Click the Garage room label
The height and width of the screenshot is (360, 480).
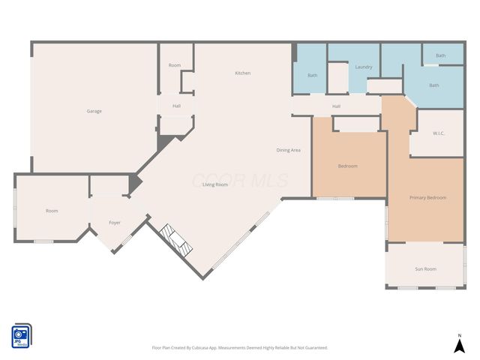point(94,111)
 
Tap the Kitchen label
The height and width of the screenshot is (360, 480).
point(242,73)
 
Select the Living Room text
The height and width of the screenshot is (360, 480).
point(214,184)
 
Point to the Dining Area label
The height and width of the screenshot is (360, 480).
point(288,150)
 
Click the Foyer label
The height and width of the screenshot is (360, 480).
point(115,223)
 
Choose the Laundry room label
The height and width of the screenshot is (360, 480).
point(364,67)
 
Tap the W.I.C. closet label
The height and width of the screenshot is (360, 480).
point(439,133)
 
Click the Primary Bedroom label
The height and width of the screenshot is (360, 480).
point(427,197)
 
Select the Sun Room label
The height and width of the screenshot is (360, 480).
point(425,268)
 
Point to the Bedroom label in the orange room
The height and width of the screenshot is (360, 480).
point(347,166)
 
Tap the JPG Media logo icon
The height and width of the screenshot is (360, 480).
point(21,336)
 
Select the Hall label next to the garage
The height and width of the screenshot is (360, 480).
point(176,106)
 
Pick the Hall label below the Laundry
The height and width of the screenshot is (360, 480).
point(337,106)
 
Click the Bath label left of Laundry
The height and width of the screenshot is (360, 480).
point(312,75)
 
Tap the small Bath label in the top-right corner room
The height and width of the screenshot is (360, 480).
point(440,55)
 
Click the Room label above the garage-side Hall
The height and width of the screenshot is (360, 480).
point(174,65)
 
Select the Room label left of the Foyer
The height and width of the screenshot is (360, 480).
point(52,211)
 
